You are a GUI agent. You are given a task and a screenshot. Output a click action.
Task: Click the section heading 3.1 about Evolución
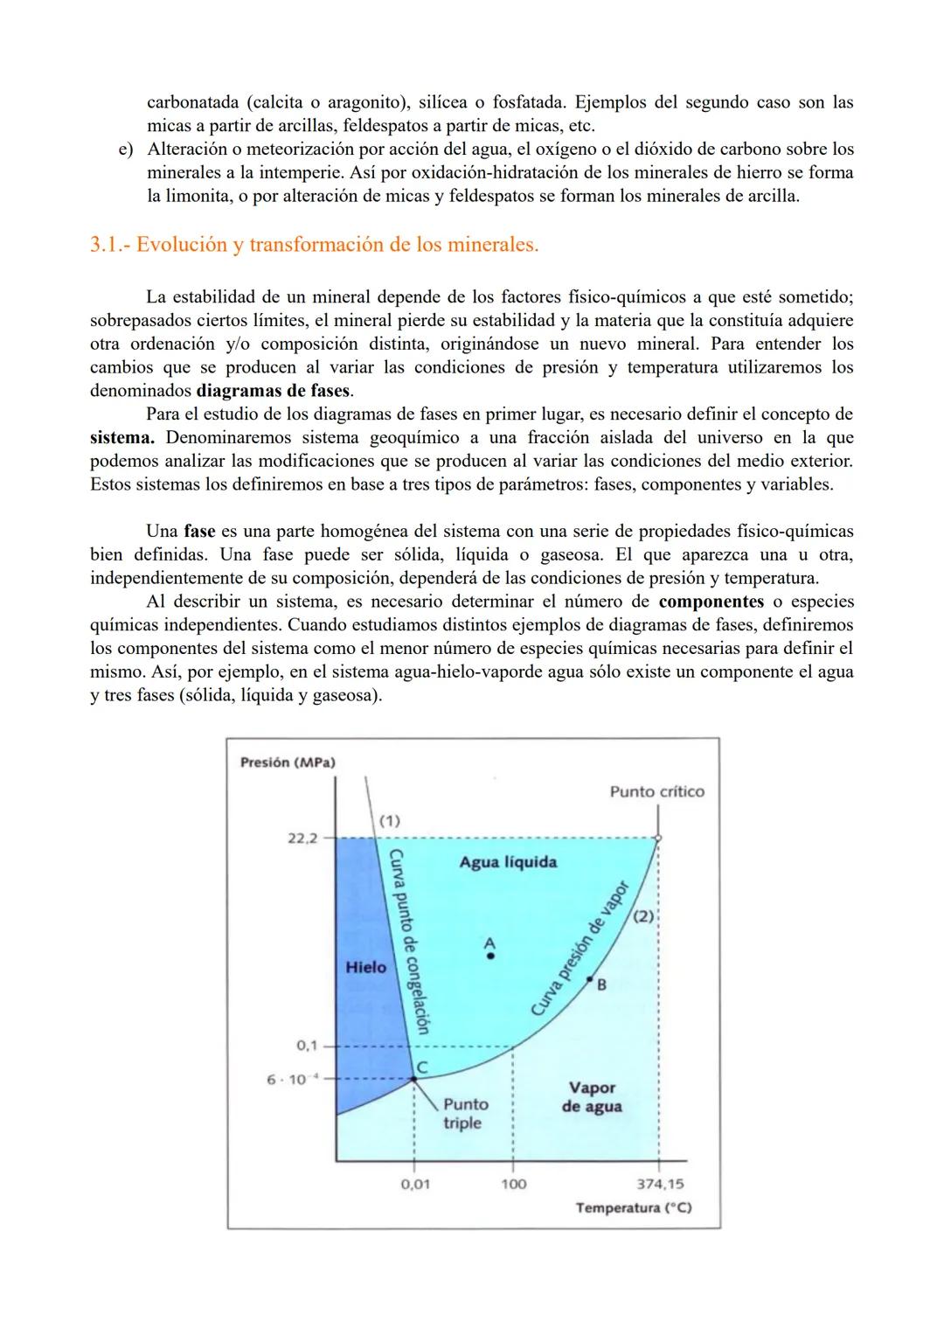click(314, 245)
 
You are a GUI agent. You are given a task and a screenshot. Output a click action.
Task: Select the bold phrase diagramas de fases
click(273, 391)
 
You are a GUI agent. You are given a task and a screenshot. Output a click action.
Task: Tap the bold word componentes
click(711, 602)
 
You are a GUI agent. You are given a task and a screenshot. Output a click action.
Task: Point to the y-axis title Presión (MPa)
click(288, 762)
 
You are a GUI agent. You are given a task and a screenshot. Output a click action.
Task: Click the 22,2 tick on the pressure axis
click(302, 838)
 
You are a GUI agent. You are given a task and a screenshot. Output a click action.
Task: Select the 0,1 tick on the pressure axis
click(307, 1046)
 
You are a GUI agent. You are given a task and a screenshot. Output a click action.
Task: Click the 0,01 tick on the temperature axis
click(415, 1184)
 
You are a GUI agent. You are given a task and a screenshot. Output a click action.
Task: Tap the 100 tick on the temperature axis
click(513, 1184)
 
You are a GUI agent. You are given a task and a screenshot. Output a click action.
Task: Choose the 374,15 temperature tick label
click(661, 1184)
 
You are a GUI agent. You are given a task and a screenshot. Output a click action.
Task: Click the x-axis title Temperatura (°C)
click(634, 1207)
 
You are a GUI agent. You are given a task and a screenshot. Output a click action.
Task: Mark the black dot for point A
click(490, 957)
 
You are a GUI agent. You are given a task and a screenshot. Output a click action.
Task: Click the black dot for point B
click(590, 978)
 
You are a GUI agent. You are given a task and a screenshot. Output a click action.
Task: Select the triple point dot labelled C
click(414, 1080)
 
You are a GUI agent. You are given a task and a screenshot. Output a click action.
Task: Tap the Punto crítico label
click(656, 791)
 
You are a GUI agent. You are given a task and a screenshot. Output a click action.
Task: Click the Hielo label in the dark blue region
click(365, 967)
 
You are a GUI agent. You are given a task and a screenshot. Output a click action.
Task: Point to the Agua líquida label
click(508, 862)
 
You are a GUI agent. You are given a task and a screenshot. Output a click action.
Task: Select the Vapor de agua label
click(592, 1097)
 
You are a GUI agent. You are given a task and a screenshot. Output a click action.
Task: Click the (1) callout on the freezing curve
click(389, 820)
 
